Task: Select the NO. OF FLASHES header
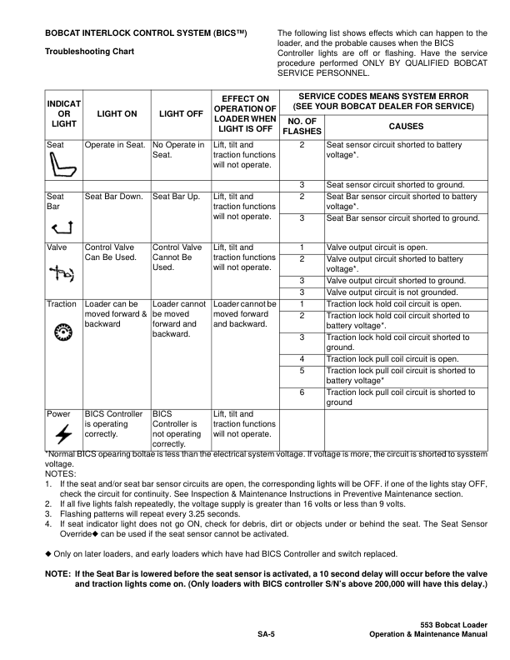coord(302,126)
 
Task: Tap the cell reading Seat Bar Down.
coord(116,197)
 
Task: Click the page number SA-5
coord(267,635)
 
